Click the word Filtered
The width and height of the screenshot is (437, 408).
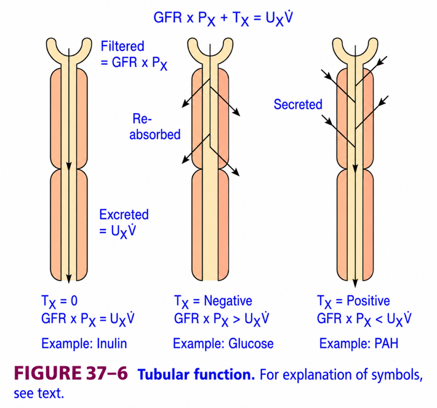click(122, 46)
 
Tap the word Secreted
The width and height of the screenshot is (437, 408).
click(298, 104)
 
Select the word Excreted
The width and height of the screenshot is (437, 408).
click(124, 214)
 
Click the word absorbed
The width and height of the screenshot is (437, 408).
click(155, 134)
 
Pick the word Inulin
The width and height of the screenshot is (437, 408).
click(112, 343)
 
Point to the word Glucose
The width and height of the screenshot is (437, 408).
click(251, 343)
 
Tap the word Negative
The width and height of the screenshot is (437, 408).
click(228, 301)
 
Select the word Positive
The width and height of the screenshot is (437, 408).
click(368, 301)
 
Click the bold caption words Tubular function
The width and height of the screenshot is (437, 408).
click(196, 374)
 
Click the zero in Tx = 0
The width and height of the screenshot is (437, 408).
click(74, 301)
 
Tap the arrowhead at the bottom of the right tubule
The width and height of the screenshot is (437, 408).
click(355, 283)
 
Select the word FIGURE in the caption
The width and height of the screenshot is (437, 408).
click(48, 373)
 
